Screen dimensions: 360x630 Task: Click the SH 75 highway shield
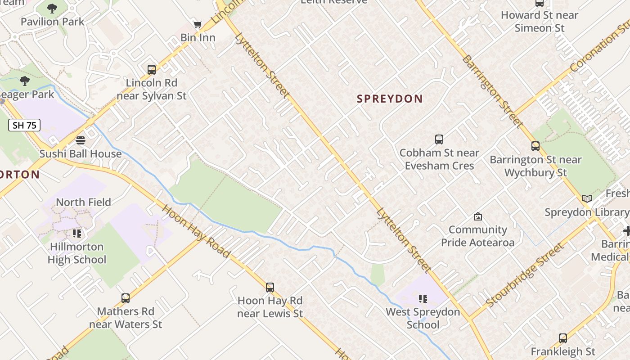[24, 125]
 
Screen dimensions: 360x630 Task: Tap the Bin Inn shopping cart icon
[198, 24]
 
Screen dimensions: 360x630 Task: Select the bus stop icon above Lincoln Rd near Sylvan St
[152, 70]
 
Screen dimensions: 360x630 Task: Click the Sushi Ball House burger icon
[81, 140]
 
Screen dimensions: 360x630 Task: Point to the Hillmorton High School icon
[77, 234]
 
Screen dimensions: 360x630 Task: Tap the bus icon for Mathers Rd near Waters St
[126, 298]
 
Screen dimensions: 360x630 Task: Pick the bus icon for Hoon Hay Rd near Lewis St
[270, 287]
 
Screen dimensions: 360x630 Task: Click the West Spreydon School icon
[423, 298]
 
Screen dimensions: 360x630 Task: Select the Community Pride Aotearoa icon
[477, 216]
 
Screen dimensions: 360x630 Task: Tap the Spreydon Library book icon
[587, 198]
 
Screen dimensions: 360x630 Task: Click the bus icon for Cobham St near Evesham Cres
[439, 139]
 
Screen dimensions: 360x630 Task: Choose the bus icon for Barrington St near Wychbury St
[535, 146]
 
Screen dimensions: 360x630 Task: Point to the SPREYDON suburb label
[390, 99]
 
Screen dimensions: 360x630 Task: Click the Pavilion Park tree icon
[52, 8]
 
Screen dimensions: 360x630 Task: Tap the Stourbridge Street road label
[525, 275]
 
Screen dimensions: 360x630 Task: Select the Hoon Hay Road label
[196, 231]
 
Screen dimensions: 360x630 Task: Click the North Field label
[83, 202]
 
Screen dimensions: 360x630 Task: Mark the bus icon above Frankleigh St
[563, 338]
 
